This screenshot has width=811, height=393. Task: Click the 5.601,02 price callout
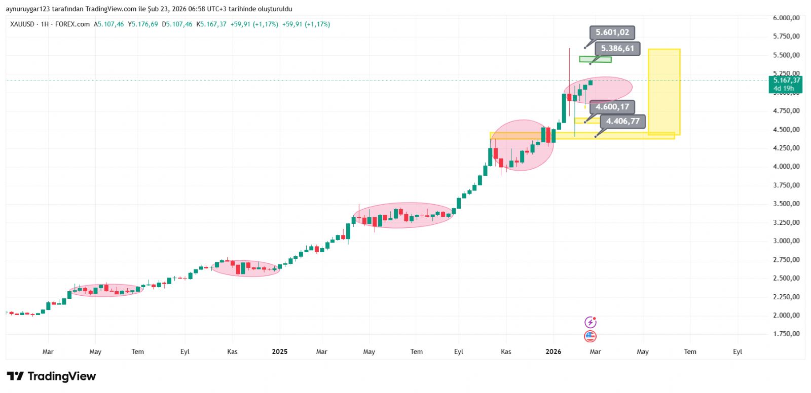point(612,32)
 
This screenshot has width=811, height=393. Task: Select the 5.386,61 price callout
point(617,49)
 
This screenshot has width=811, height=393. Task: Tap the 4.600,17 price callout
point(612,107)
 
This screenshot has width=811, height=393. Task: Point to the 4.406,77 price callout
point(622,121)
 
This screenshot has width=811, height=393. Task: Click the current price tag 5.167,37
point(786,81)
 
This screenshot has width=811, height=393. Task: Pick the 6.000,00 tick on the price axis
point(786,18)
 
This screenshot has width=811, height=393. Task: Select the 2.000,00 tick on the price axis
point(786,315)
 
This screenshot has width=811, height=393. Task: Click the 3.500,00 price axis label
point(786,204)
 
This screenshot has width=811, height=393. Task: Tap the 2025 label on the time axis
point(279,351)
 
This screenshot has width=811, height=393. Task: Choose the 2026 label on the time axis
point(553,351)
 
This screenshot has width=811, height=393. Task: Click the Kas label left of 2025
point(232,351)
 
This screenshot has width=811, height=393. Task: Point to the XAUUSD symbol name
point(22,24)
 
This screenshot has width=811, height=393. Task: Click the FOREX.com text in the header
point(72,24)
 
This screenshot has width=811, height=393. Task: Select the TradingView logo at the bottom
point(51,376)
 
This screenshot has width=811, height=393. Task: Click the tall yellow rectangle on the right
point(664,91)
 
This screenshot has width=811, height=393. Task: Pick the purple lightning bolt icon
point(591,322)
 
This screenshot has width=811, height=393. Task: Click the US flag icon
point(591,336)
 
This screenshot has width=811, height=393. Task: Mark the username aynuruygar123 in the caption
point(28,9)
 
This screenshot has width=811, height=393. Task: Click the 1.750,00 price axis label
point(786,334)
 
